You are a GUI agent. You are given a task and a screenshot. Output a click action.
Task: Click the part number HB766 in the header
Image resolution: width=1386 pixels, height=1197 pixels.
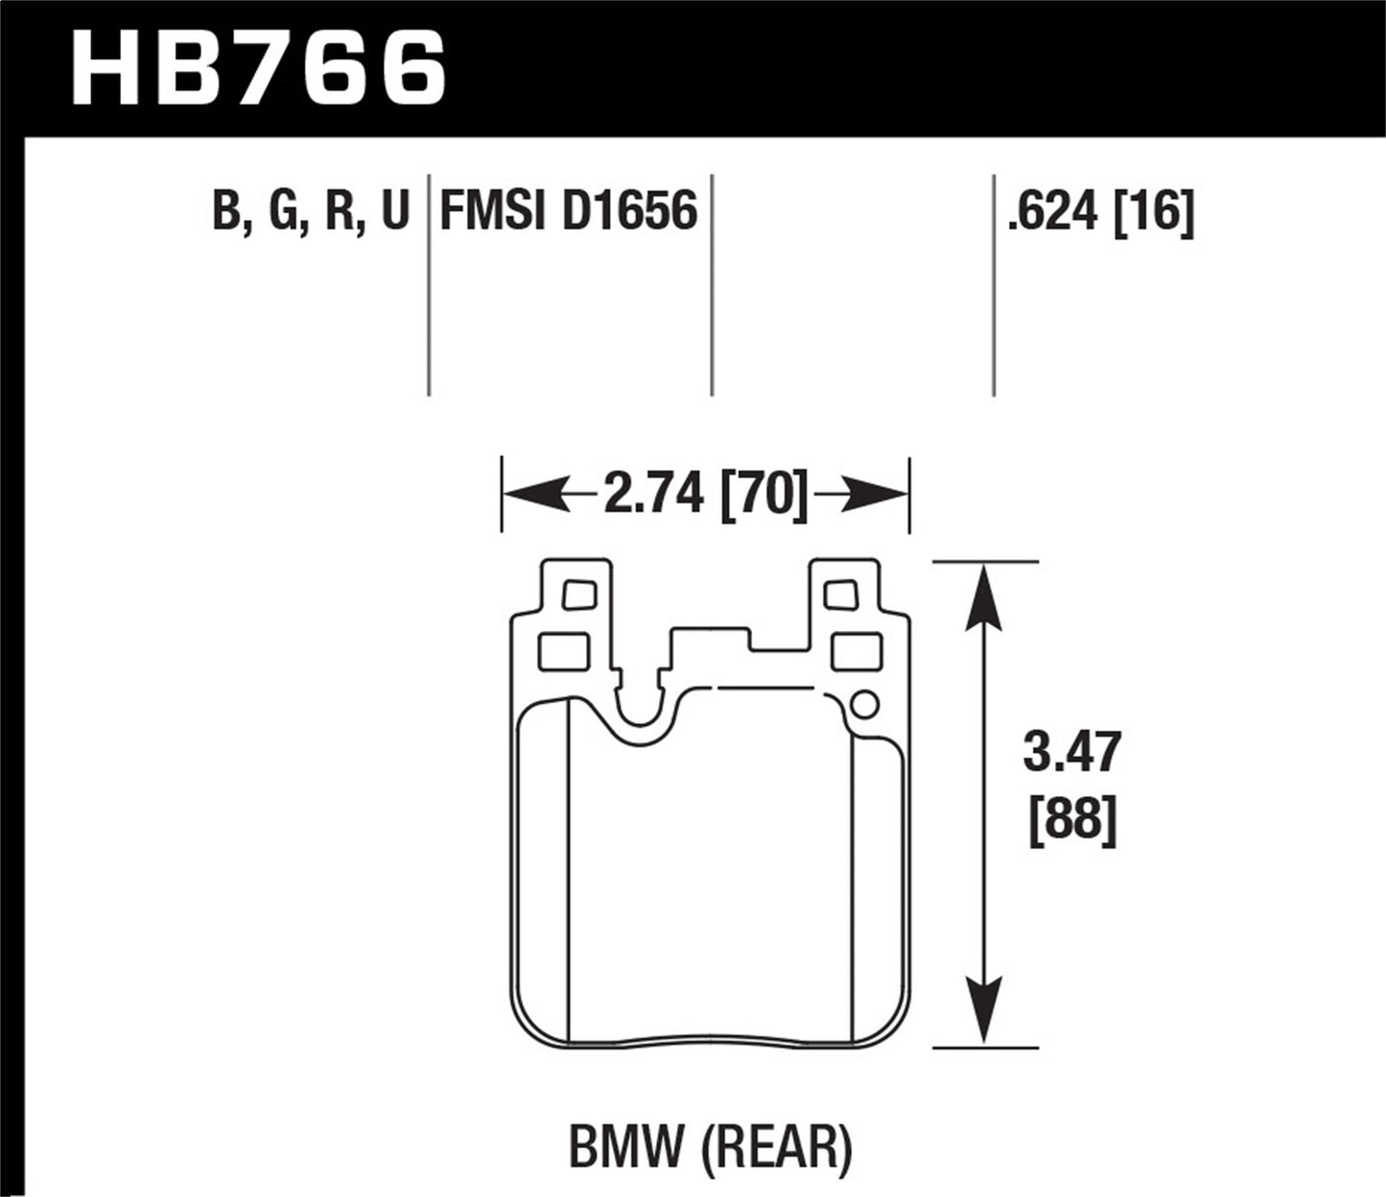pyautogui.click(x=259, y=67)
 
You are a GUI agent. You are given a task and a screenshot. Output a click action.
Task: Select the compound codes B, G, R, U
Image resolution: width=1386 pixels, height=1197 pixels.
pyautogui.click(x=311, y=211)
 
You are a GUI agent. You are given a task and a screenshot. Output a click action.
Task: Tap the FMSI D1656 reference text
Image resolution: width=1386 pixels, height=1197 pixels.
pyautogui.click(x=568, y=211)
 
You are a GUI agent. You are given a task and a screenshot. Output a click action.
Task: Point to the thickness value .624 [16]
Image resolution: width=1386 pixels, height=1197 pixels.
pyautogui.click(x=1100, y=211)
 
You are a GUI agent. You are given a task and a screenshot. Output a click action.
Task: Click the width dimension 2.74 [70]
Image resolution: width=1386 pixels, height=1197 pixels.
pyautogui.click(x=705, y=495)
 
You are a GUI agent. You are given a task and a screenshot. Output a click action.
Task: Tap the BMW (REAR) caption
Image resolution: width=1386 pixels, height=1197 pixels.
pyautogui.click(x=711, y=1146)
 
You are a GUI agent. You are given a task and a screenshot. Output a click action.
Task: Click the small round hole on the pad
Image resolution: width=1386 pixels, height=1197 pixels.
pyautogui.click(x=863, y=705)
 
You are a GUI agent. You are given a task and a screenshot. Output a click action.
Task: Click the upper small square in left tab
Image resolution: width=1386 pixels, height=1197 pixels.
pyautogui.click(x=579, y=595)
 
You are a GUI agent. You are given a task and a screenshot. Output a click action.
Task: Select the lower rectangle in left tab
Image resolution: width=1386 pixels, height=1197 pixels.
pyautogui.click(x=563, y=652)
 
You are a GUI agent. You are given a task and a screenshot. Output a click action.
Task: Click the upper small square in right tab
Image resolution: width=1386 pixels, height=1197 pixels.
pyautogui.click(x=840, y=595)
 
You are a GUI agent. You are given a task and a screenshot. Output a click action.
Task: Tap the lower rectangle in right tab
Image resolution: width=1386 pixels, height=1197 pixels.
pyautogui.click(x=856, y=652)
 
